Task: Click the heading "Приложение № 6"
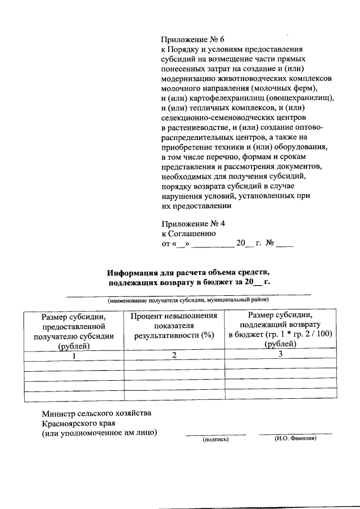192,39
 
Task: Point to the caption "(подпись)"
215,440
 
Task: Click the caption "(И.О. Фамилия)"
295,439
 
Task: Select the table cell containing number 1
74,355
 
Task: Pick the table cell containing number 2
174,355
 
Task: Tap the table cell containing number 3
280,354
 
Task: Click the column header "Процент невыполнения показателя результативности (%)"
174,326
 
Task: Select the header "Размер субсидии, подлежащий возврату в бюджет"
280,330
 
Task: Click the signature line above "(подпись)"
215,434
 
